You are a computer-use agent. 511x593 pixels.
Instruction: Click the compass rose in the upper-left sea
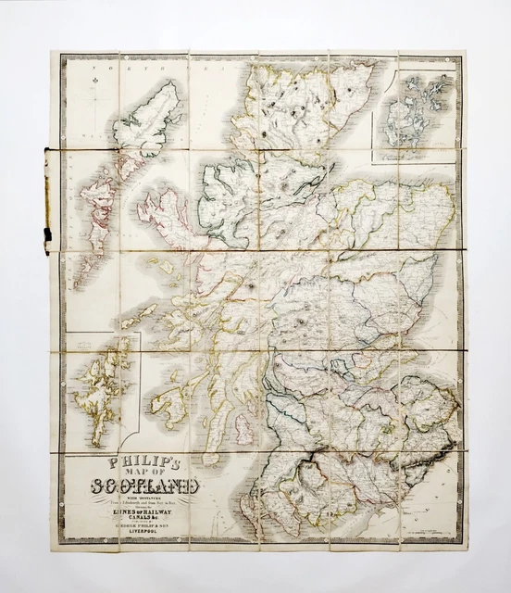94,90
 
